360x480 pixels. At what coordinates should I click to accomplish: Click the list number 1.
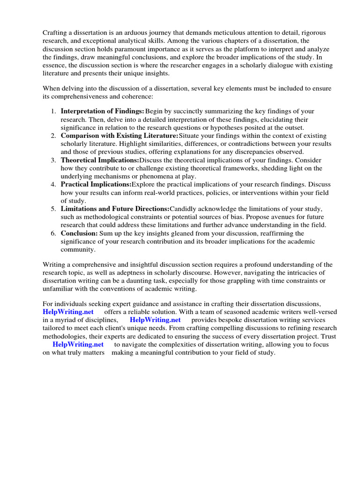(53, 111)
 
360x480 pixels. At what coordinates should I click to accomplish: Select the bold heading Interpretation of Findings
(102, 111)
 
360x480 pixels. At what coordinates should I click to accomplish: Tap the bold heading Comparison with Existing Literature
(120, 135)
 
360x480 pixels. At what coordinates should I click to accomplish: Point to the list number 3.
(53, 160)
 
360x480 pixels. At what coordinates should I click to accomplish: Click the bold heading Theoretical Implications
(100, 160)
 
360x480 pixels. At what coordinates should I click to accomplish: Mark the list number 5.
(53, 209)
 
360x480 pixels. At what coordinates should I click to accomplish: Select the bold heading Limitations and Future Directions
(115, 209)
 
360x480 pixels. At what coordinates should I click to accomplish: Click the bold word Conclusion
(79, 233)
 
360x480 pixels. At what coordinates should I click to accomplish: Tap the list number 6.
(53, 233)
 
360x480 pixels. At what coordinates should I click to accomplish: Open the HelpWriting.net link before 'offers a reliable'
(68, 312)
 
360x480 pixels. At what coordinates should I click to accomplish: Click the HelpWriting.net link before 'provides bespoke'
(155, 320)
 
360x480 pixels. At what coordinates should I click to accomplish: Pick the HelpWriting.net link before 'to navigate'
(78, 345)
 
